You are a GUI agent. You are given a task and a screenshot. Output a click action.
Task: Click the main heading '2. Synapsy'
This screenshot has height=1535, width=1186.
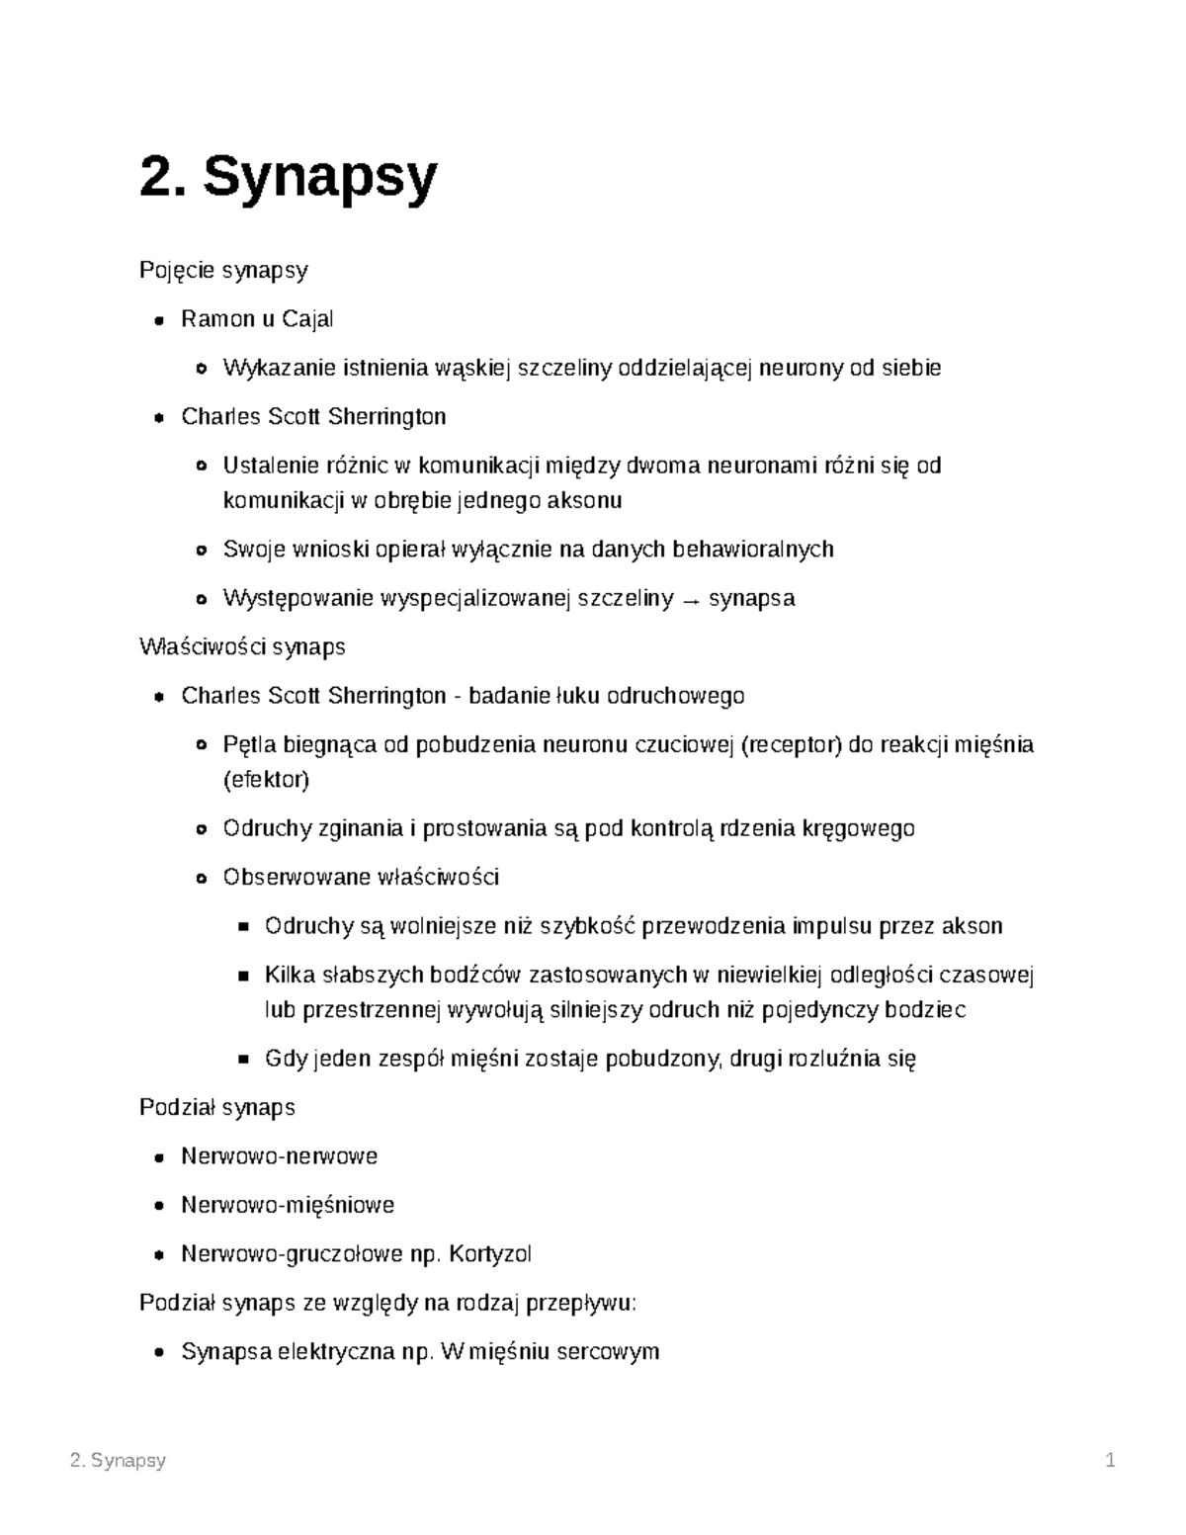(x=288, y=178)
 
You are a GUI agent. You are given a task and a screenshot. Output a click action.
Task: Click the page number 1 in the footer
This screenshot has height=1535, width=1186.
(x=1110, y=1461)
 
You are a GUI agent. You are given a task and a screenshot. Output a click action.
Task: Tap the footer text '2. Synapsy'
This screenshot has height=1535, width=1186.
(x=119, y=1461)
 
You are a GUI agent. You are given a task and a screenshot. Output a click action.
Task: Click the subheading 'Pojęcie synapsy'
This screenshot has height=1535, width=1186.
(x=223, y=270)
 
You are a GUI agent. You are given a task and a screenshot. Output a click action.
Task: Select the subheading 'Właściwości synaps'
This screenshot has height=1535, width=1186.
(x=242, y=647)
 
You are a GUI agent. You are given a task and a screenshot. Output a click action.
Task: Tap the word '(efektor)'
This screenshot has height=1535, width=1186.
(x=266, y=780)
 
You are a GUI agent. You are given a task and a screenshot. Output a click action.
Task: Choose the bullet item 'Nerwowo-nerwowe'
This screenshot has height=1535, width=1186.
(x=279, y=1156)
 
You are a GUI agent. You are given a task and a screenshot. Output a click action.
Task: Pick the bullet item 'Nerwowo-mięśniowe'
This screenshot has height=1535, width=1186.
(x=287, y=1205)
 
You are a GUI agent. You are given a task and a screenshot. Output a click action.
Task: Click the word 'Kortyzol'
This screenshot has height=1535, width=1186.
(x=490, y=1254)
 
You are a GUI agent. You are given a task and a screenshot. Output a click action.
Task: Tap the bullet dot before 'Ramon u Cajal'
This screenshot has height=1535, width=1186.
(x=159, y=320)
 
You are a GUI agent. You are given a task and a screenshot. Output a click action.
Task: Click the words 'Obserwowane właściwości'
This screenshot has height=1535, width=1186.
(x=361, y=878)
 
